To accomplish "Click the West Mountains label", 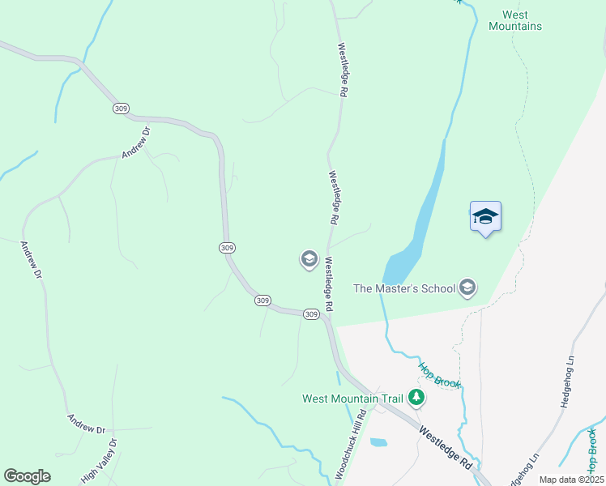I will click(x=515, y=20).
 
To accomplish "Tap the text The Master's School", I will click(x=404, y=288).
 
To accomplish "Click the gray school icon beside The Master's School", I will click(x=467, y=288).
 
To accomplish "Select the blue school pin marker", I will click(x=485, y=217).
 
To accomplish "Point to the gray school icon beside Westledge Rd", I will click(x=309, y=259).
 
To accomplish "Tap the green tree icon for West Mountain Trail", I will click(x=416, y=397).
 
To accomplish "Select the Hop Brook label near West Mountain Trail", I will click(x=439, y=373).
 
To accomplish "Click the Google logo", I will click(x=27, y=476).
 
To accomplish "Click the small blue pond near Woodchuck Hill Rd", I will click(x=378, y=443).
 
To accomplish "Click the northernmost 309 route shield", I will click(x=121, y=108).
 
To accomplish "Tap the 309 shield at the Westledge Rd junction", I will click(x=311, y=314).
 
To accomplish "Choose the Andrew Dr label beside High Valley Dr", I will click(x=87, y=423).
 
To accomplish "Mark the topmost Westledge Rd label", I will click(x=343, y=70).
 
